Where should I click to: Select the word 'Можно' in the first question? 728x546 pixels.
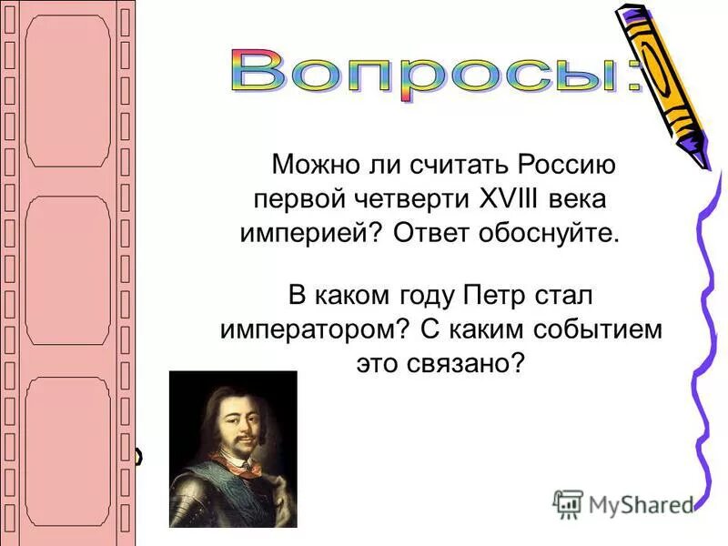click(313, 167)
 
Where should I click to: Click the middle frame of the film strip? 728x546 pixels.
click(68, 270)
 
